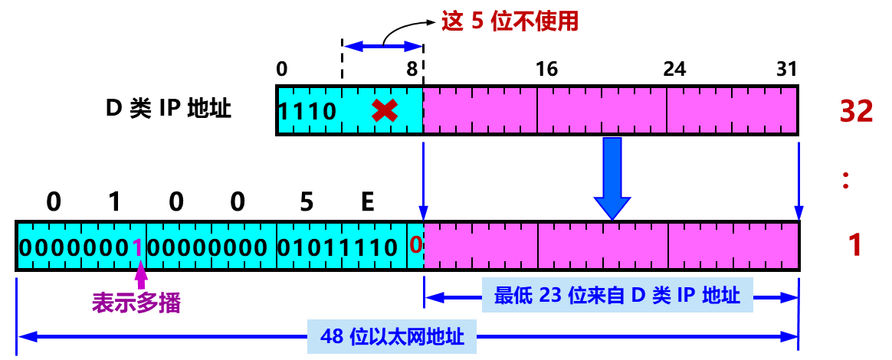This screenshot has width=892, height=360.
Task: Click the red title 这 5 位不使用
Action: pyautogui.click(x=510, y=21)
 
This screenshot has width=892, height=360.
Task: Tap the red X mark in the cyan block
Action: pyautogui.click(x=384, y=110)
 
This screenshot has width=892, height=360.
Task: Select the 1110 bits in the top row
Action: pyautogui.click(x=307, y=112)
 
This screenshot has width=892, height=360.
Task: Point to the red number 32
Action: pyautogui.click(x=857, y=112)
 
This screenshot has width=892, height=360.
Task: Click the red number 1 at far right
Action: pyautogui.click(x=855, y=246)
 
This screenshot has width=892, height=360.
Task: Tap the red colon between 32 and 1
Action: pyautogui.click(x=846, y=181)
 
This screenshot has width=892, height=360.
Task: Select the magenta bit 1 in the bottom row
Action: pyautogui.click(x=137, y=247)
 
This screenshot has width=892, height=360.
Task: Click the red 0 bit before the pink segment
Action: pyautogui.click(x=415, y=245)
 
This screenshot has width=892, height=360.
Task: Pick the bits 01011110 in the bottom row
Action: pyautogui.click(x=337, y=247)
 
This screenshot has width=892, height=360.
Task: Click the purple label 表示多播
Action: pyautogui.click(x=136, y=303)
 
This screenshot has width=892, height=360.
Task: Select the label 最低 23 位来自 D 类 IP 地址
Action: pyautogui.click(x=617, y=296)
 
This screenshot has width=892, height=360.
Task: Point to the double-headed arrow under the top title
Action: pyautogui.click(x=383, y=47)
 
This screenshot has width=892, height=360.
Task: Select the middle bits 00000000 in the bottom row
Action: pyautogui.click(x=207, y=247)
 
